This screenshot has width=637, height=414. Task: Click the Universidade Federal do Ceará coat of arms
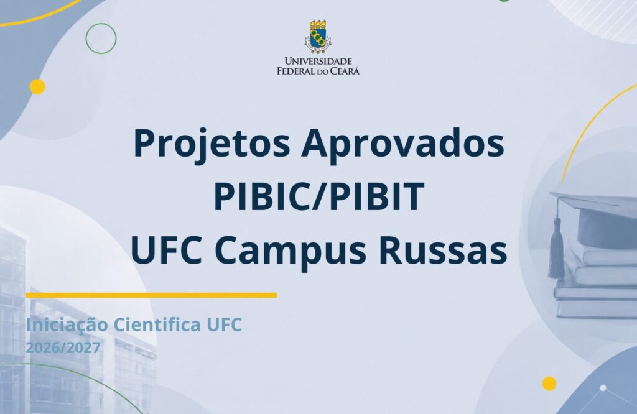pos(318,37)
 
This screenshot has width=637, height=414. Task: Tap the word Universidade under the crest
pos(318,62)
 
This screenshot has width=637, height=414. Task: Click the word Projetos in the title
pos(212,145)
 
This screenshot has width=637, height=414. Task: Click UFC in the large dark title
pos(167,249)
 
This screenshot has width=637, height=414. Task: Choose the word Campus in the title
pos(290,252)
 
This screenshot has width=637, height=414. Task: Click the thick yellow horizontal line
pos(151,295)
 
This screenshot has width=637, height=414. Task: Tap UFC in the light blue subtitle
pos(224,324)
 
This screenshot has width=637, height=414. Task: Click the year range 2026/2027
pos(63,348)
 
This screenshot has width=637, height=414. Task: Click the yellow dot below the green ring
pos(37,87)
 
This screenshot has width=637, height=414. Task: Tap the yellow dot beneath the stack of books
pos(549,384)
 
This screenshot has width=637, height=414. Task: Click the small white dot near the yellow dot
pos(603,388)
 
